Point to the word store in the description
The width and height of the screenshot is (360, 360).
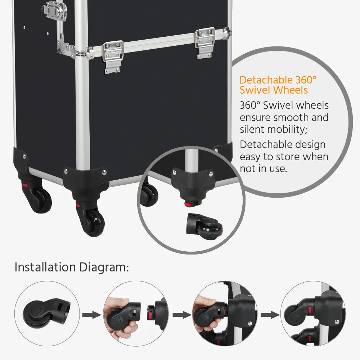pos(288,157)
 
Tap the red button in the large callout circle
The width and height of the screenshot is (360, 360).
pos(187,204)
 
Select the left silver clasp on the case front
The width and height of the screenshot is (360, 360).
pos(114,56)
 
